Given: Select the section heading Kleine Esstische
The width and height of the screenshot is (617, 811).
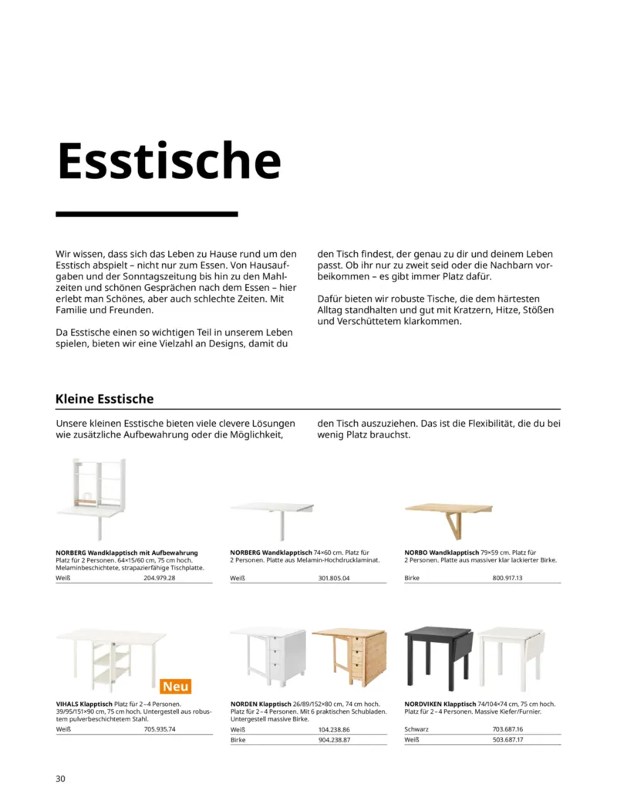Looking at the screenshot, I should click(x=104, y=399).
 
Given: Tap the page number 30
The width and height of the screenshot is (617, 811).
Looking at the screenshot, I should click(x=61, y=778).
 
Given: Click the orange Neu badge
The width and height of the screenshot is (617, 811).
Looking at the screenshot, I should click(x=176, y=686).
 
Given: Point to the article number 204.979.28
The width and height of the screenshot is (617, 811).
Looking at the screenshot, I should click(x=160, y=578).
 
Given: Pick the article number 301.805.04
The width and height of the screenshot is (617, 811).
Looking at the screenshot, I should click(x=334, y=578).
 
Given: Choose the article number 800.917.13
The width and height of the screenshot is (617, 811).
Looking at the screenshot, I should click(x=507, y=578).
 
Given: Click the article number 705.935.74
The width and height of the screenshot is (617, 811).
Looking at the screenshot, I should click(x=160, y=728).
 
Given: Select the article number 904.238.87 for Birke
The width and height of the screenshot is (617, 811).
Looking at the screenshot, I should click(x=334, y=740).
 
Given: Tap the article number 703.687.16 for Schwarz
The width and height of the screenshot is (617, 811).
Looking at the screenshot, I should click(x=507, y=729).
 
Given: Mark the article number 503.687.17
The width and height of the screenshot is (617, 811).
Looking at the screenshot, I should click(x=507, y=740).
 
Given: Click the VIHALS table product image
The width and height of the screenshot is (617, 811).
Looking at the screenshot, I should click(x=110, y=657).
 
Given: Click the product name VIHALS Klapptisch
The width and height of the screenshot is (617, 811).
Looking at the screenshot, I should click(x=84, y=705).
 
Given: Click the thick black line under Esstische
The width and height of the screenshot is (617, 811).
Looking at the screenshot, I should click(x=147, y=214).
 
